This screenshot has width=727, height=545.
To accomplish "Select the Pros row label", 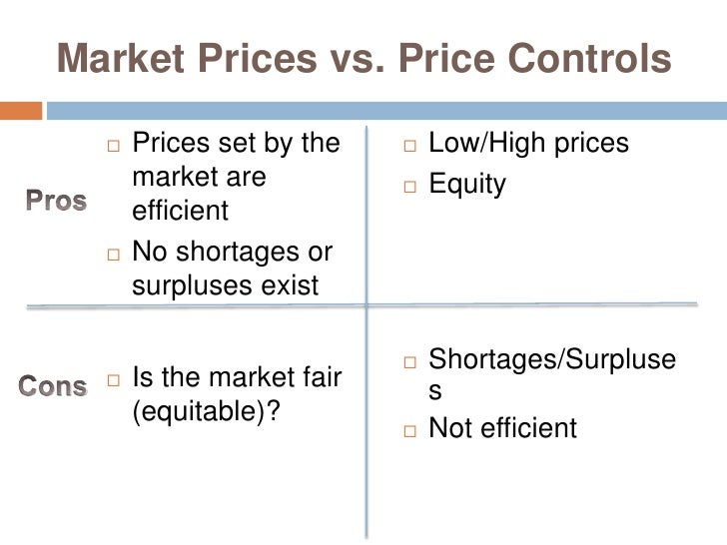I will [56, 200].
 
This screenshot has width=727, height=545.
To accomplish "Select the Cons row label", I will [54, 385].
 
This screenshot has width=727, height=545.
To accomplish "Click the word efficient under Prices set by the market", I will [180, 212].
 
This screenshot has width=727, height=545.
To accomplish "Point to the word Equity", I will [466, 184].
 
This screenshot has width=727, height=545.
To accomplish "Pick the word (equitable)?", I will [204, 412].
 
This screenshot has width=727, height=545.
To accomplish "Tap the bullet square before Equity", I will [409, 186].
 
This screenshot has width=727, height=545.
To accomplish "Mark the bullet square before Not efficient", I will [409, 430].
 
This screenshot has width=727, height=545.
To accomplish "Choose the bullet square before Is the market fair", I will [112, 380].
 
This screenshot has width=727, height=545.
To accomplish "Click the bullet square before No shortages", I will [112, 254].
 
